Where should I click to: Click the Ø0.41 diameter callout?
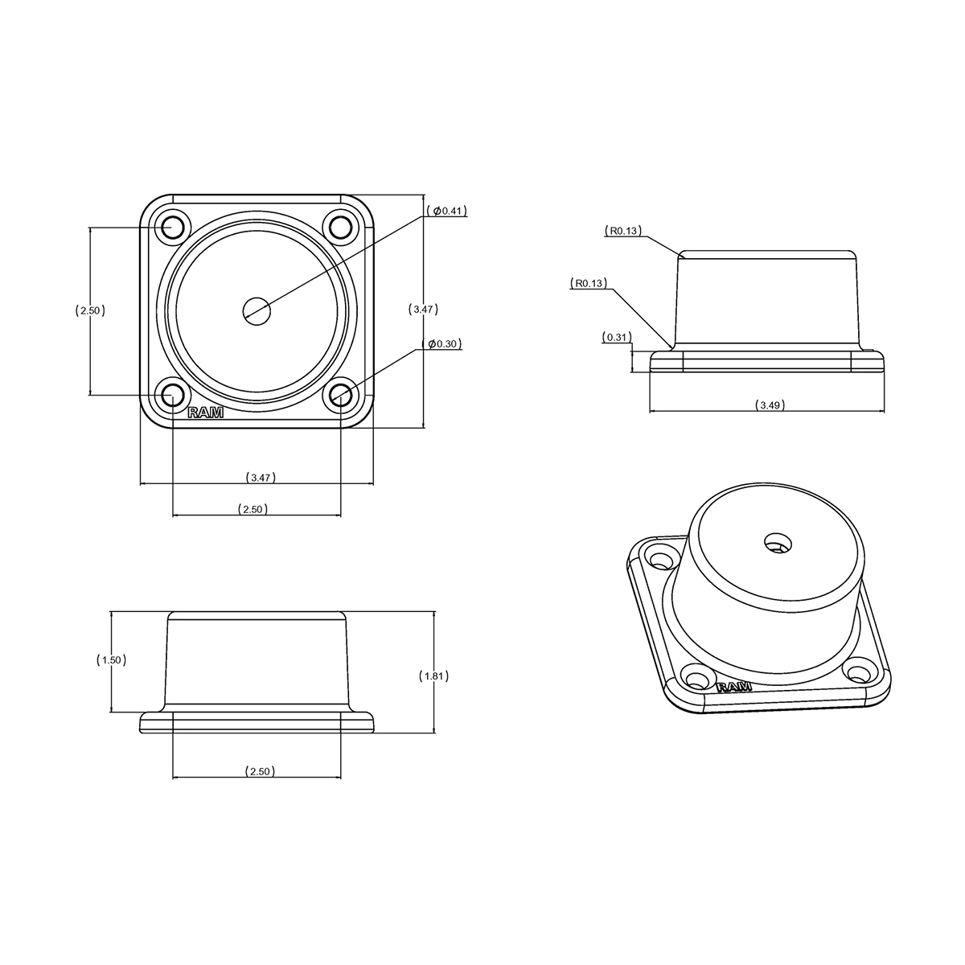click(446, 211)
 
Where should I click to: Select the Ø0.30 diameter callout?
click(441, 343)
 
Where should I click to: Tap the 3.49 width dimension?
click(770, 405)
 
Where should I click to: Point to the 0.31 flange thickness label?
click(617, 337)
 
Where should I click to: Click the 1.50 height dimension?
click(111, 660)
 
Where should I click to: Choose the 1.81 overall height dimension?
click(433, 676)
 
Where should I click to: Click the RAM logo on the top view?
click(205, 413)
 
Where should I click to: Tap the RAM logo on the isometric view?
click(734, 687)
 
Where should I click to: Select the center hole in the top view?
click(257, 311)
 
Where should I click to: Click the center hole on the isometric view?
click(777, 543)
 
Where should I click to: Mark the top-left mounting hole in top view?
click(173, 228)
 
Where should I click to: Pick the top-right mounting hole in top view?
click(341, 228)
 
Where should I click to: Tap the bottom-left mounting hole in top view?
click(173, 395)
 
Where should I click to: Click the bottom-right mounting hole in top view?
click(341, 395)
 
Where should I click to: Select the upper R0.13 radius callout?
click(623, 231)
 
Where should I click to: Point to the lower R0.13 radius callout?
click(589, 283)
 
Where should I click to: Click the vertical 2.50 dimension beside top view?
click(90, 310)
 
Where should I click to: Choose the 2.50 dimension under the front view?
click(261, 771)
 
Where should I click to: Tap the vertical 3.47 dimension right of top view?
click(424, 310)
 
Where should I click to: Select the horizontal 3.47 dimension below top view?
click(261, 477)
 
